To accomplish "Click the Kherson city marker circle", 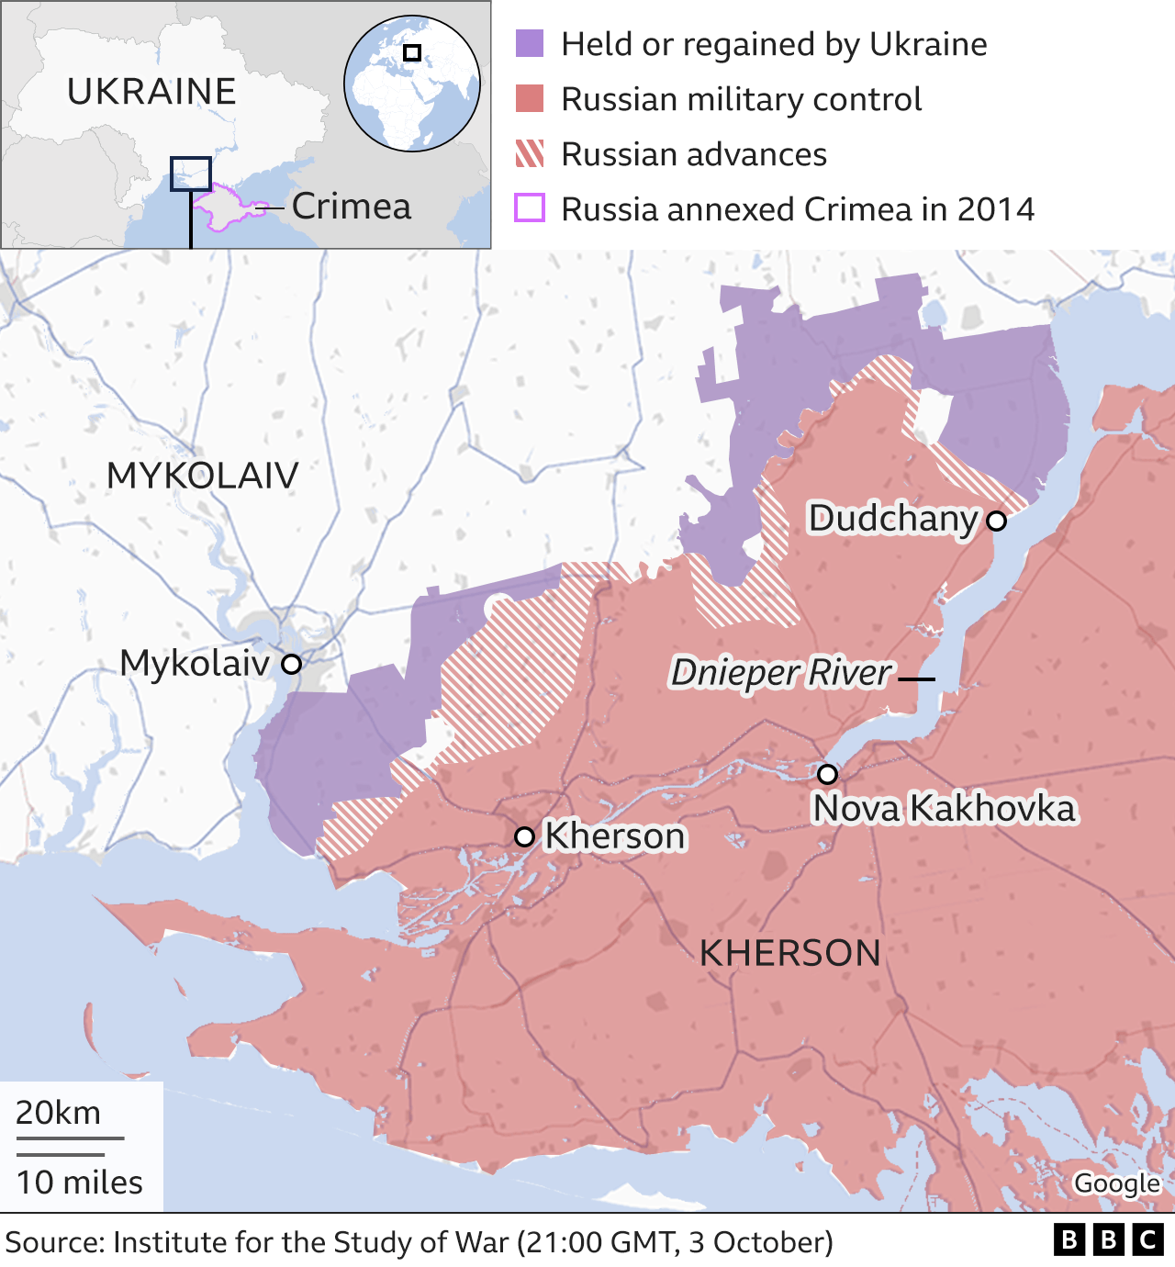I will coord(524,836).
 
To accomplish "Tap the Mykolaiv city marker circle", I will coord(291,664).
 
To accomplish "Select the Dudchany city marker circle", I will coord(996,521).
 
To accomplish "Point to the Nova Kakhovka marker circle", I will coord(827,774).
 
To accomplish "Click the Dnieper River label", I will coord(781,673).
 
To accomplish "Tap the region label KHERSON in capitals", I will coord(789,953).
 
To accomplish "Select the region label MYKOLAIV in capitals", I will coord(203,476).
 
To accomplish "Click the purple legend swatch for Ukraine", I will coord(530,43).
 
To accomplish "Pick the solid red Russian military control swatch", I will coord(530,98).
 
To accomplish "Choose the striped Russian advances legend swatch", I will coord(530,153).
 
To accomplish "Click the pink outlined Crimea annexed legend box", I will coord(530,208).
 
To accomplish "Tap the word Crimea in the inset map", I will coord(352,207).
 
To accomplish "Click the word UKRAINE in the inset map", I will coord(151,92).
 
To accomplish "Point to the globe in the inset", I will coord(412,84).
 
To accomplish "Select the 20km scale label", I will coord(59,1113).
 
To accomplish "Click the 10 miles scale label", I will coord(80,1183).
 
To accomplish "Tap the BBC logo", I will coord(1108,1240).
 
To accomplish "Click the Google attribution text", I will coord(1116,1183).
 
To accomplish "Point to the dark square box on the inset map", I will coord(190,174).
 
